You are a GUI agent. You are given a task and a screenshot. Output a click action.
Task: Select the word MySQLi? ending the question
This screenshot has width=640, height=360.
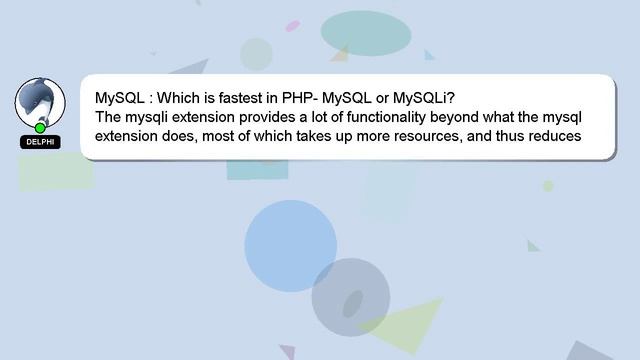pos(424,99)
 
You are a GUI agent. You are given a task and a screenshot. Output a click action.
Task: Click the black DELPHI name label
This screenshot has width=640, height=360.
pos(40,142)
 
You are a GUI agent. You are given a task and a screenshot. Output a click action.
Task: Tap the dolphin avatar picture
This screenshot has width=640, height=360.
pos(40,101)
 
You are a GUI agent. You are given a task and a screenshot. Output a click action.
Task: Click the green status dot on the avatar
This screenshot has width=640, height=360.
pos(40,128)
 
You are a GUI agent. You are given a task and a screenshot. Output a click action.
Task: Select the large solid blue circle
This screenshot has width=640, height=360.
pos(290,246)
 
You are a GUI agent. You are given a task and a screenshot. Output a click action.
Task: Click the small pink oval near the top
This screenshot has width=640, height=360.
pos(292,26)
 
